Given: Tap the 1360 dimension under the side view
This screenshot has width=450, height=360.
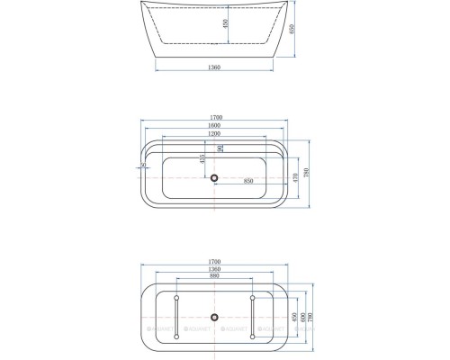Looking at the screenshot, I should pyautogui.click(x=214, y=67).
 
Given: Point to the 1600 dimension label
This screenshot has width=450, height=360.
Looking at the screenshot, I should pyautogui.click(x=214, y=128).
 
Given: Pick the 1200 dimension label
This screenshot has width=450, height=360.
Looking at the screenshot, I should pyautogui.click(x=214, y=136).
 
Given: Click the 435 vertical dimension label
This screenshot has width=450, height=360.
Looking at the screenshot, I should pyautogui.click(x=204, y=161).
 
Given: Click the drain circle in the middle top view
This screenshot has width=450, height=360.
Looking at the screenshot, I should pyautogui.click(x=214, y=177).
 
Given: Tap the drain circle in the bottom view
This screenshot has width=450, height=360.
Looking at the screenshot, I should pyautogui.click(x=214, y=316).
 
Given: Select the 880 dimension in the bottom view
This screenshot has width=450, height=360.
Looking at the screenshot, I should pyautogui.click(x=214, y=276).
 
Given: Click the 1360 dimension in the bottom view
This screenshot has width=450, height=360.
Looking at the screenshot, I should pyautogui.click(x=214, y=268).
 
